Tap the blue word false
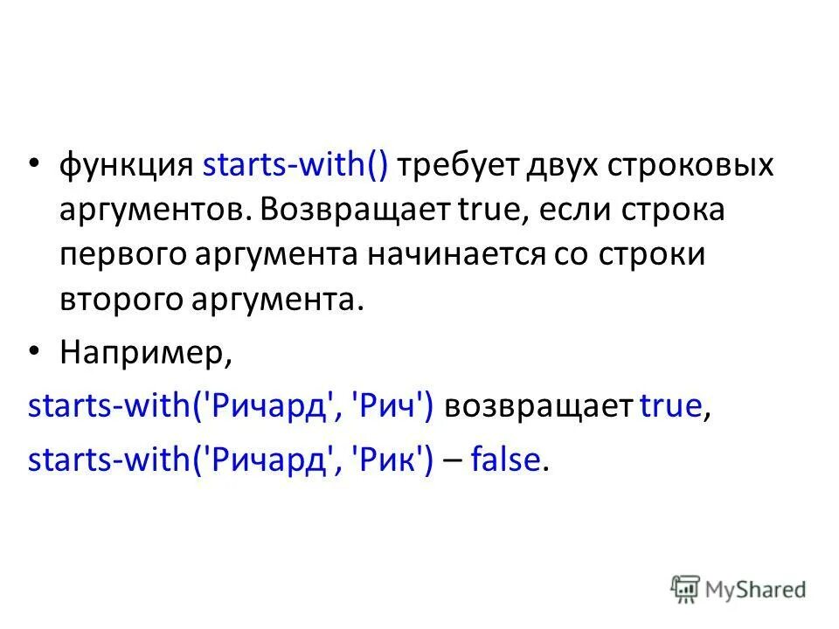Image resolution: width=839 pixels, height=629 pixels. pos(506,461)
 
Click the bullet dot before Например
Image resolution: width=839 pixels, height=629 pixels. pos(34,350)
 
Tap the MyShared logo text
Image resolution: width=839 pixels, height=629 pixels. pos(756,590)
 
